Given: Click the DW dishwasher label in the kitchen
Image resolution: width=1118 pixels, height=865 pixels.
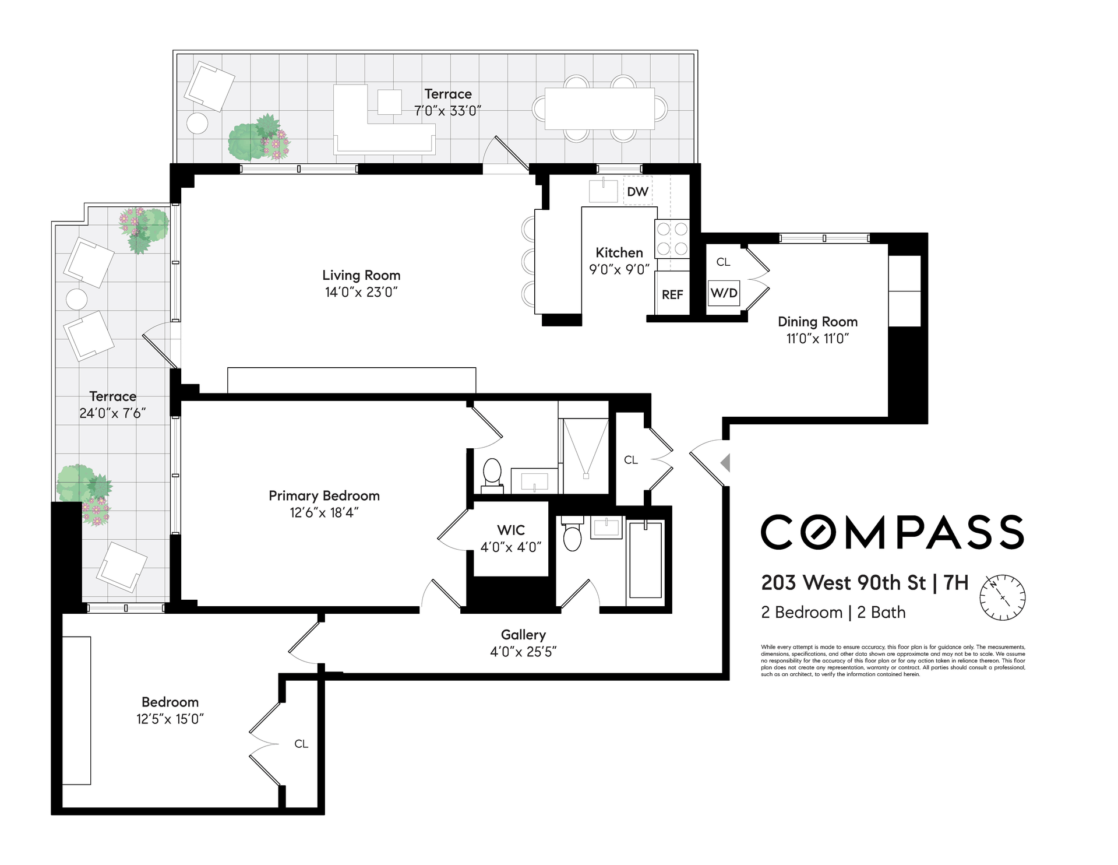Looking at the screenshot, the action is click(x=637, y=192).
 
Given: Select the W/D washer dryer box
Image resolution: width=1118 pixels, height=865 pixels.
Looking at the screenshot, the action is click(x=724, y=293).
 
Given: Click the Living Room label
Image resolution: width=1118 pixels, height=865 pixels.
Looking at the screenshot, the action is click(x=361, y=275).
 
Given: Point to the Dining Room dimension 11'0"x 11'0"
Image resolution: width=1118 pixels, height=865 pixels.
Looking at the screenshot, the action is click(x=817, y=338).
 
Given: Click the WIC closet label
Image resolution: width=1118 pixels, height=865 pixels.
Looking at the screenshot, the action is click(x=511, y=530).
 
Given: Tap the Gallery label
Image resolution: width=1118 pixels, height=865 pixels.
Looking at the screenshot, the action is click(x=523, y=635).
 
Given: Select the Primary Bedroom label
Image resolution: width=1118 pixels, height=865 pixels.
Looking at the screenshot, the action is click(x=324, y=495).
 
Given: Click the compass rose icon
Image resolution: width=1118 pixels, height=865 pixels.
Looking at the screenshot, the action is click(x=1002, y=597).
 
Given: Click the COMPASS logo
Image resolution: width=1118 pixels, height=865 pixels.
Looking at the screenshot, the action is click(x=893, y=532).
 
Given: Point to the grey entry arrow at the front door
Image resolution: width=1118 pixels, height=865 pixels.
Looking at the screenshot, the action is click(x=725, y=463).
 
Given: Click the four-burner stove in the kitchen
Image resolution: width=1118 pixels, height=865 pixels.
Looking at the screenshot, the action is click(x=672, y=239).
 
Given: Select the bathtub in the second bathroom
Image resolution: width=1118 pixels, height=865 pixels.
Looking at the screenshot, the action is click(x=646, y=560).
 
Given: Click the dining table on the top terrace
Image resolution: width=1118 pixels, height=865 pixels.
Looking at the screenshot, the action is click(x=599, y=108).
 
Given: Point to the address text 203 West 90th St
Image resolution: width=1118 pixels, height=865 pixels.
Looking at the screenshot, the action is click(x=844, y=582).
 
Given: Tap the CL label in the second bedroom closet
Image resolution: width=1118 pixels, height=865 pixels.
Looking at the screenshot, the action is click(x=301, y=744).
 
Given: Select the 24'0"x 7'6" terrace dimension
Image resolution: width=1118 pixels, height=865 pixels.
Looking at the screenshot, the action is click(x=112, y=413).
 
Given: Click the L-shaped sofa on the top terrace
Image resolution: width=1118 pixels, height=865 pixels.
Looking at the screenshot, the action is click(x=385, y=120).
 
